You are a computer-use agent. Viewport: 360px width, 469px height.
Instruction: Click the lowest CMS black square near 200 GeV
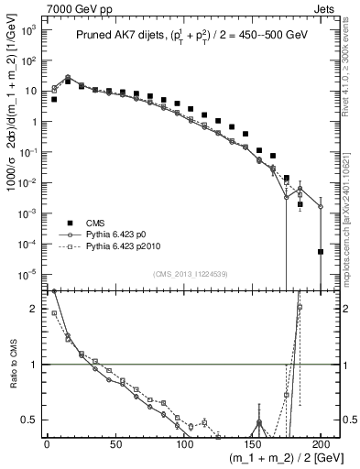[x=321, y=251]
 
